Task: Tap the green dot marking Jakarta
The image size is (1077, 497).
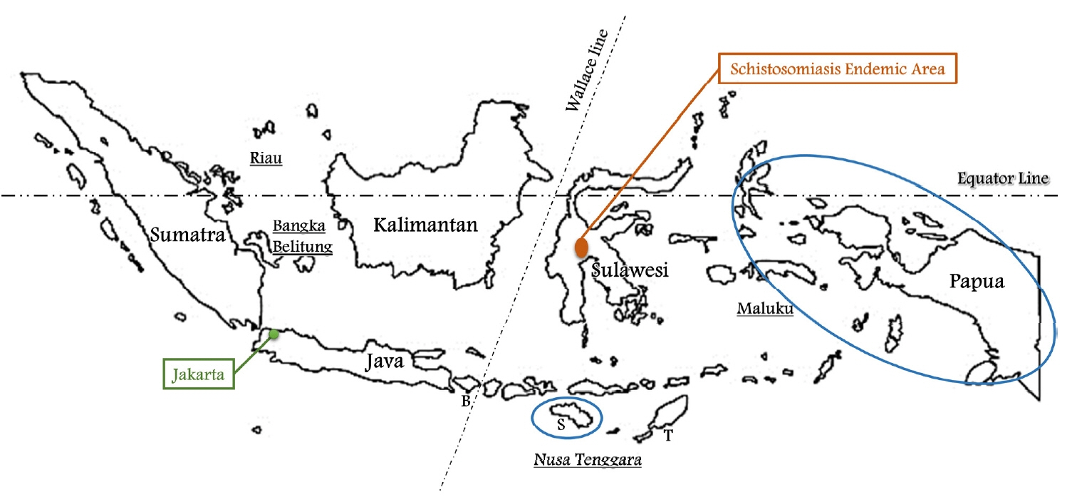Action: point(274,334)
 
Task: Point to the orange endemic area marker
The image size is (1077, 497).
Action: point(582,247)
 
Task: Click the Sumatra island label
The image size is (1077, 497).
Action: point(188,235)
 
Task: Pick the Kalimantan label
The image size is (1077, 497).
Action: point(425,225)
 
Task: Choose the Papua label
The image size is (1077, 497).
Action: point(977,282)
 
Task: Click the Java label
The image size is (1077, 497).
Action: point(384,362)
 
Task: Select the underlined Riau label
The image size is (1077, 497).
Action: point(266,158)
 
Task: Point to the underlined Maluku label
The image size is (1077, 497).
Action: point(765,309)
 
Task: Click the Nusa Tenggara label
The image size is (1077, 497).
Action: point(588,461)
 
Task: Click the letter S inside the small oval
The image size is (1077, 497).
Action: point(561,426)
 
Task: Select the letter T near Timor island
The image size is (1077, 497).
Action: point(667,436)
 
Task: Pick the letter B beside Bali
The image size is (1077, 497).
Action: point(465,401)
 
